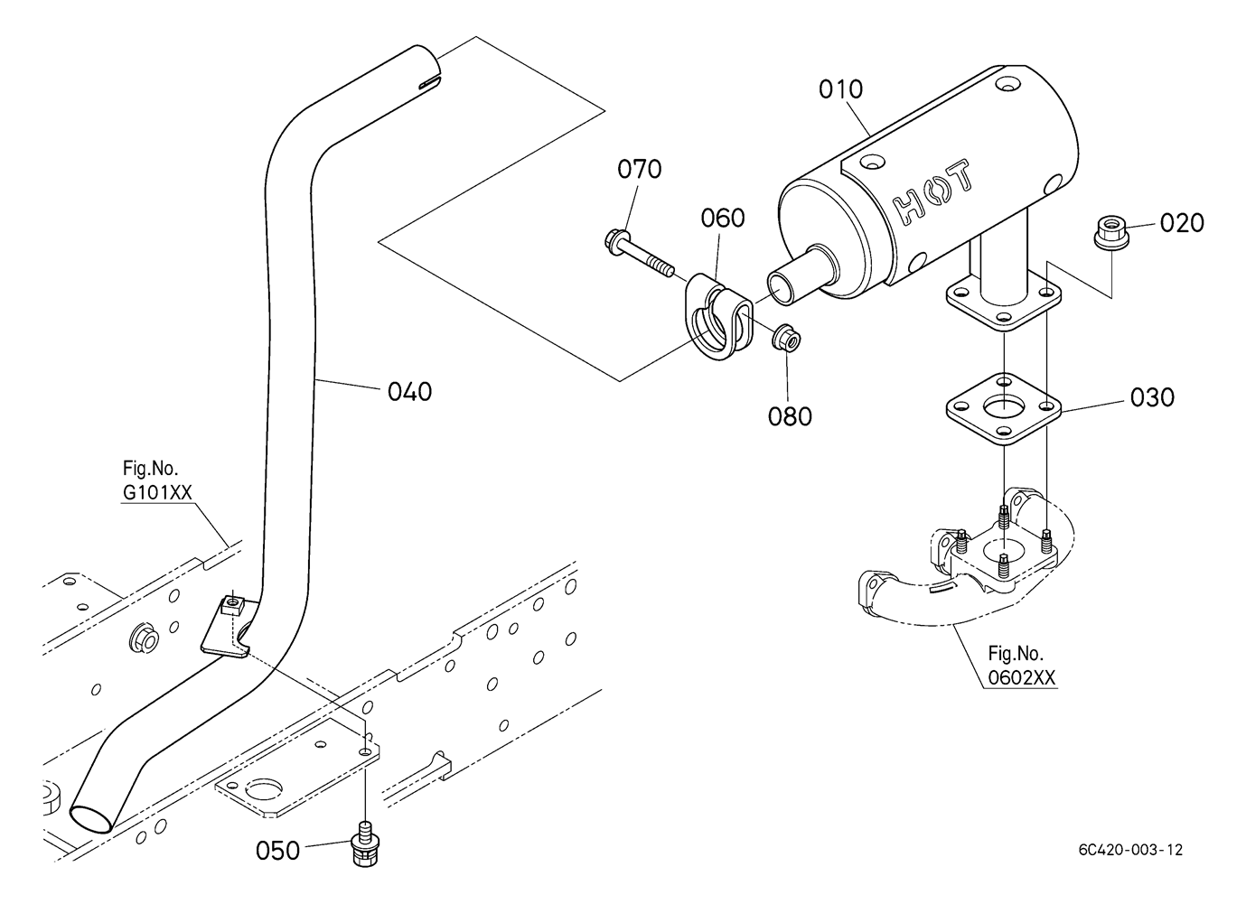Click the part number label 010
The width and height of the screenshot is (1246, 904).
pos(840,89)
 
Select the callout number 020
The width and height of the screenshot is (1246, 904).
pos(1182,223)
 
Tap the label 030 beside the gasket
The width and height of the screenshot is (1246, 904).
pos(1153,397)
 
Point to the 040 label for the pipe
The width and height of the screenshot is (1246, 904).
pos(410,392)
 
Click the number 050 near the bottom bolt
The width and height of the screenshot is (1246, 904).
pos(277,851)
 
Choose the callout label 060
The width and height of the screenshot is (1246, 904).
pos(723,219)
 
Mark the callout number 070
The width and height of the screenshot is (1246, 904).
pos(640,169)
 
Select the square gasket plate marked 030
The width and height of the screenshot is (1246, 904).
pos(1004,410)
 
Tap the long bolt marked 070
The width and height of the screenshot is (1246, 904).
pos(639,255)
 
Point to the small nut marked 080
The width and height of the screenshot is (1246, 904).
pos(785,337)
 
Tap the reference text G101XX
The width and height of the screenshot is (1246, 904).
pos(157,492)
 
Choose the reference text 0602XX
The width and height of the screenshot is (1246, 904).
pos(1021,677)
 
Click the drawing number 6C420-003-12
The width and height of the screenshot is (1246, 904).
pos(1131,866)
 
